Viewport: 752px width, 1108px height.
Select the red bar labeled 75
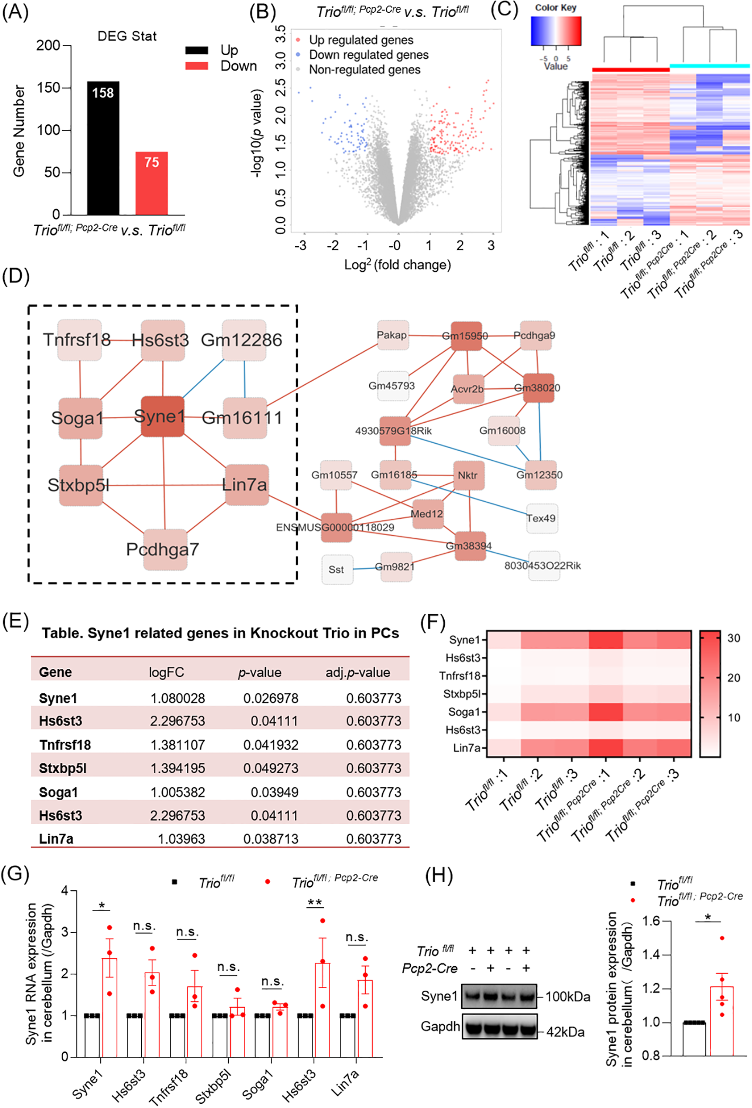coord(151,183)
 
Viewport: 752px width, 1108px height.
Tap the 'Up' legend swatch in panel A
coord(196,50)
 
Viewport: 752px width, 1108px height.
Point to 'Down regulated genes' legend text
coord(368,55)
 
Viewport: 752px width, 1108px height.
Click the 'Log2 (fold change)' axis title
coord(397,264)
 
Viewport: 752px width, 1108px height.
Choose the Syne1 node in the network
coord(162,416)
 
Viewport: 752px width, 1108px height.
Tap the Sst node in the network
coord(337,569)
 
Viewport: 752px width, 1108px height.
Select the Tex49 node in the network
coord(541,518)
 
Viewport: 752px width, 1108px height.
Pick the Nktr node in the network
coord(468,475)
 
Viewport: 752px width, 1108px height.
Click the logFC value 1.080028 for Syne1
coord(177,698)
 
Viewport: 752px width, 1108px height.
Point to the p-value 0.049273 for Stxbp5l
coord(271,768)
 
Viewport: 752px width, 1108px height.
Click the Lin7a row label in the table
coord(56,839)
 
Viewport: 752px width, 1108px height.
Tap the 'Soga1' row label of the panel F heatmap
coord(464,712)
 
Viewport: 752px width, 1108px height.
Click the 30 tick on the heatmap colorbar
coord(733,638)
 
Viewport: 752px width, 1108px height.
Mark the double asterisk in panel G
coord(315,903)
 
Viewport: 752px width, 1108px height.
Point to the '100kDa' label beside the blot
coord(567,997)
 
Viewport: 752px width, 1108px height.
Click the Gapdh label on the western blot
coord(440,1026)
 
